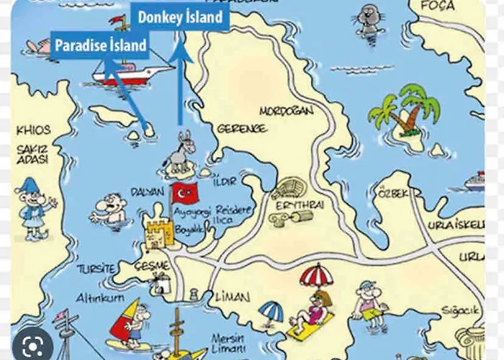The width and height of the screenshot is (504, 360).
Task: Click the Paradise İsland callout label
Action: tap(101, 45)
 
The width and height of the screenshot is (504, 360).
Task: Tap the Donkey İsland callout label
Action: tap(180, 16)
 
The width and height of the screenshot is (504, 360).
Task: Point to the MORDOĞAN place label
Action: tap(287, 112)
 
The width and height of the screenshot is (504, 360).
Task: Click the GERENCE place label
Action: tap(241, 128)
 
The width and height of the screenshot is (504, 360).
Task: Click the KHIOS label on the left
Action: tap(33, 130)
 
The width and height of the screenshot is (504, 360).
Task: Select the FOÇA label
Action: tap(438, 6)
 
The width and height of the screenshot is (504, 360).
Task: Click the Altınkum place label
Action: tap(100, 297)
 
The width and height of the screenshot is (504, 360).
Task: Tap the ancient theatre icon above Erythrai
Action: tap(289, 189)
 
